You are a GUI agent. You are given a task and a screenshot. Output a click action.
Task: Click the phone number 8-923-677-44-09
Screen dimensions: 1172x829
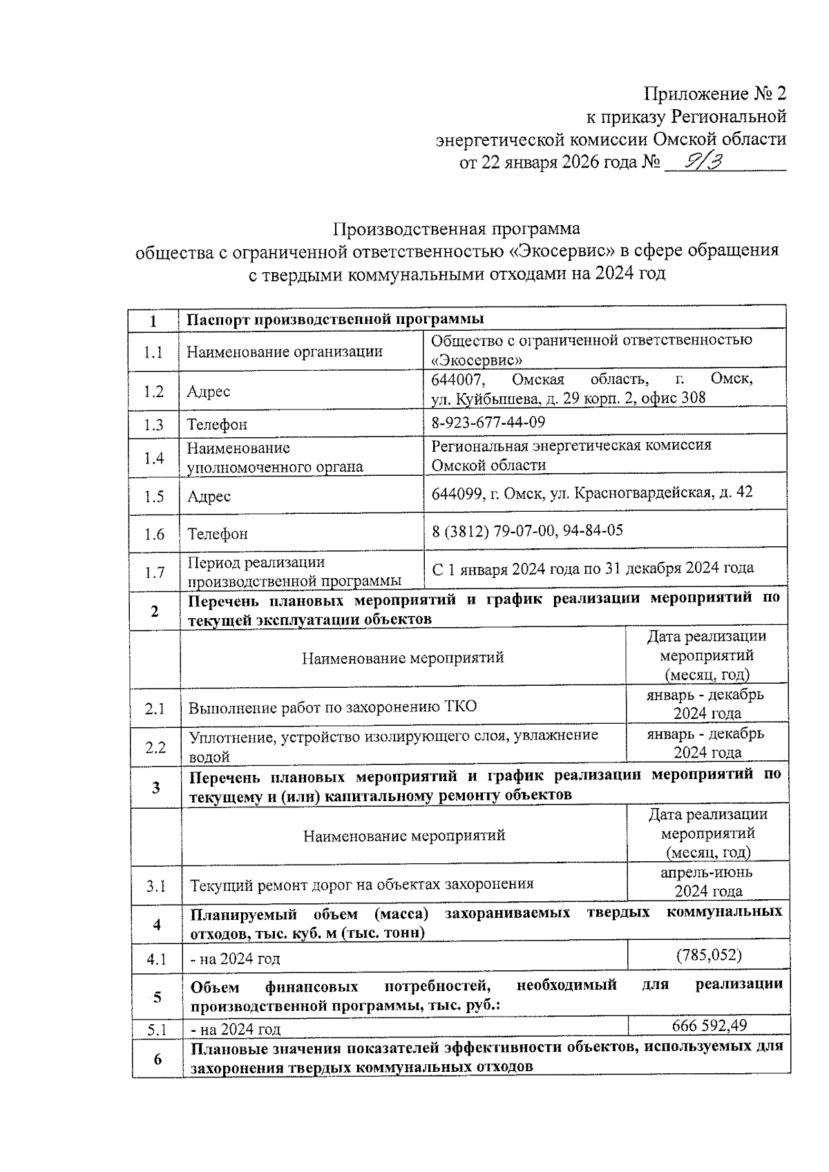488,422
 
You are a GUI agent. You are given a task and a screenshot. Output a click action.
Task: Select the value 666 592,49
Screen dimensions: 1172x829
709,1026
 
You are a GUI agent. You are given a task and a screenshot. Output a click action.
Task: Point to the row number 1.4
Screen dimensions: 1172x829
154,458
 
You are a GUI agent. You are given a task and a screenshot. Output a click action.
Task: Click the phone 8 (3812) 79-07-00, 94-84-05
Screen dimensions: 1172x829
527,530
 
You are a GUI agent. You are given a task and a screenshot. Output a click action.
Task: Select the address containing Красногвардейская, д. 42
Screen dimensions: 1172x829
591,492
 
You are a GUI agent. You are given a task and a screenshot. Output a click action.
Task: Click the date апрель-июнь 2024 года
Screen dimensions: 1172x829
707,881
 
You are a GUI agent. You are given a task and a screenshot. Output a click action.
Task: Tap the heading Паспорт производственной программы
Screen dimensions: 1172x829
336,319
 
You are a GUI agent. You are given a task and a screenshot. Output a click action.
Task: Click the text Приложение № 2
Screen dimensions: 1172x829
714,94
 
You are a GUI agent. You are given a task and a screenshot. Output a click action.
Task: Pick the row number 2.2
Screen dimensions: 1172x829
155,747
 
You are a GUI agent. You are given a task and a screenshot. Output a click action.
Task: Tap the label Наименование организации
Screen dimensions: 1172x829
285,352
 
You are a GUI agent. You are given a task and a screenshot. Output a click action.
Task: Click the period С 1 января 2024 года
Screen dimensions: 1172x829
592,568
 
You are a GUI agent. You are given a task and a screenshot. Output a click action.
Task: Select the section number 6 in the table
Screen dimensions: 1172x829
158,1058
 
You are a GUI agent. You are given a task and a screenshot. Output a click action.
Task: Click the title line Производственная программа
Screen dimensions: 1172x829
457,229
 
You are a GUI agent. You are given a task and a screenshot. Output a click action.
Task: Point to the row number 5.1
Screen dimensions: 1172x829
158,1030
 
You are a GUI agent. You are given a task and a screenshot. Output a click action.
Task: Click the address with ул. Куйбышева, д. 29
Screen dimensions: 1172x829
568,397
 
